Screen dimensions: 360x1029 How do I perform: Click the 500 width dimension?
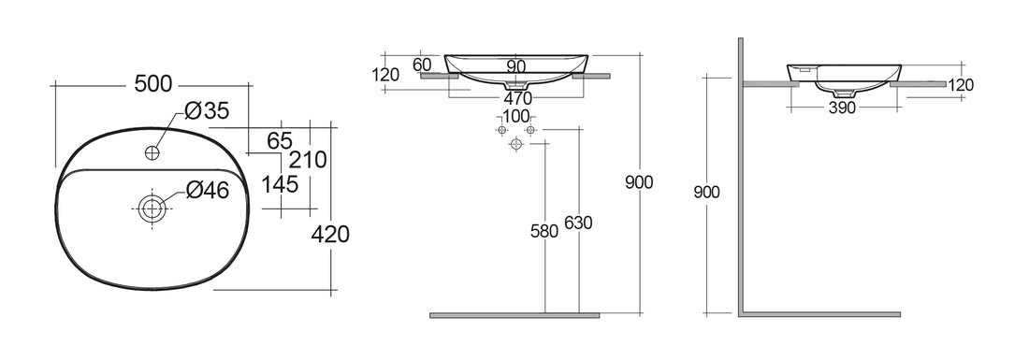(152, 83)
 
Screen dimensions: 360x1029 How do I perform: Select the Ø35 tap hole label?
(207, 111)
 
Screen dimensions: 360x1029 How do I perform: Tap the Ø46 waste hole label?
(207, 190)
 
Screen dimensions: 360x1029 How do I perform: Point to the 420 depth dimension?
(329, 234)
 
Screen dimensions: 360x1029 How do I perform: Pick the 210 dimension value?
(308, 159)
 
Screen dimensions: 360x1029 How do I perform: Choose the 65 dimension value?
(280, 141)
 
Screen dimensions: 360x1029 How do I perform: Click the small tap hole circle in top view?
(153, 151)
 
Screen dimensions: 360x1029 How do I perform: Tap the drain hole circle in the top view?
(152, 208)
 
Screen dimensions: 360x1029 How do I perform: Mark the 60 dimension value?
(422, 65)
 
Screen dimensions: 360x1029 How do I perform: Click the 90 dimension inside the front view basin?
(515, 66)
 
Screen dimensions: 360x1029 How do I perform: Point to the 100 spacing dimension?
(515, 117)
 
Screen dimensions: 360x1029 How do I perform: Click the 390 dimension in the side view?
(843, 108)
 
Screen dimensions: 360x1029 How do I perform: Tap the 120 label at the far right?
(960, 85)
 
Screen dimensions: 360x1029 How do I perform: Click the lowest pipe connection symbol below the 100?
(515, 146)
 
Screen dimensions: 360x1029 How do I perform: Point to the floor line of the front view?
(514, 315)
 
